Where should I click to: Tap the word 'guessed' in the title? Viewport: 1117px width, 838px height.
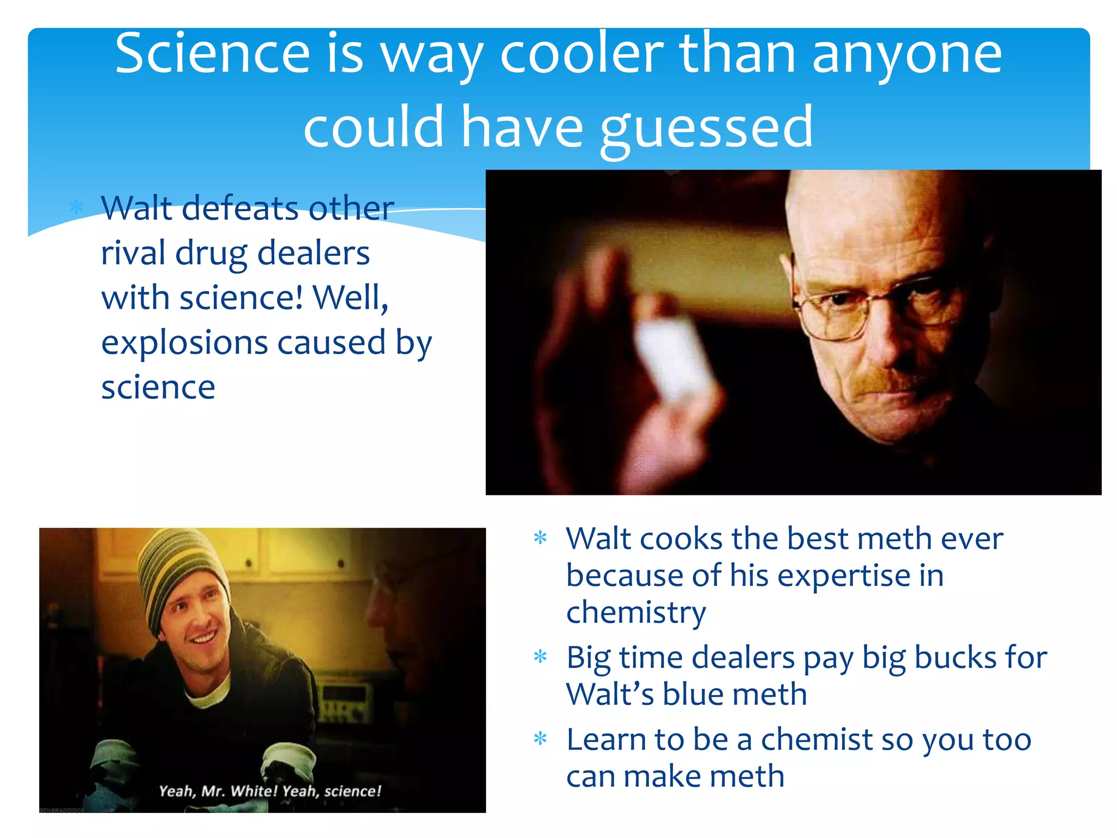[707, 129]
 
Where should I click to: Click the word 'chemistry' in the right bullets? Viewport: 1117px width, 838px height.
[636, 612]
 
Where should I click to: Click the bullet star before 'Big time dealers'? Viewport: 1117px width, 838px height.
[540, 656]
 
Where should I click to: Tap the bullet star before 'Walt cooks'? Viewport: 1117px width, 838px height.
[540, 538]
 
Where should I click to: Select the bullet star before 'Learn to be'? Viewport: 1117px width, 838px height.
[540, 739]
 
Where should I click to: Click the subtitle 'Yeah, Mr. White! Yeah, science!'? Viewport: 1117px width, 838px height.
[270, 791]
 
